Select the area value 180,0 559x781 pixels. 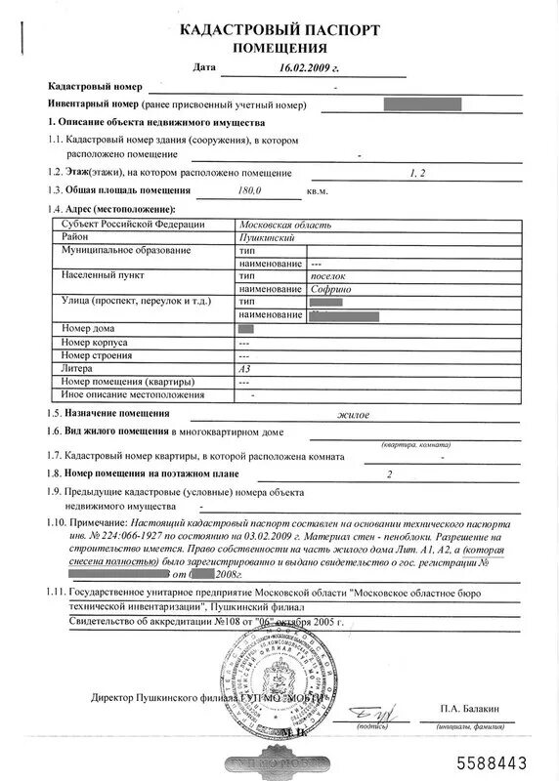250,190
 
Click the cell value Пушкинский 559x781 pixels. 266,238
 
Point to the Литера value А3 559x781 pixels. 244,369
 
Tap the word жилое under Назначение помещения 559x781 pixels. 353,414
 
